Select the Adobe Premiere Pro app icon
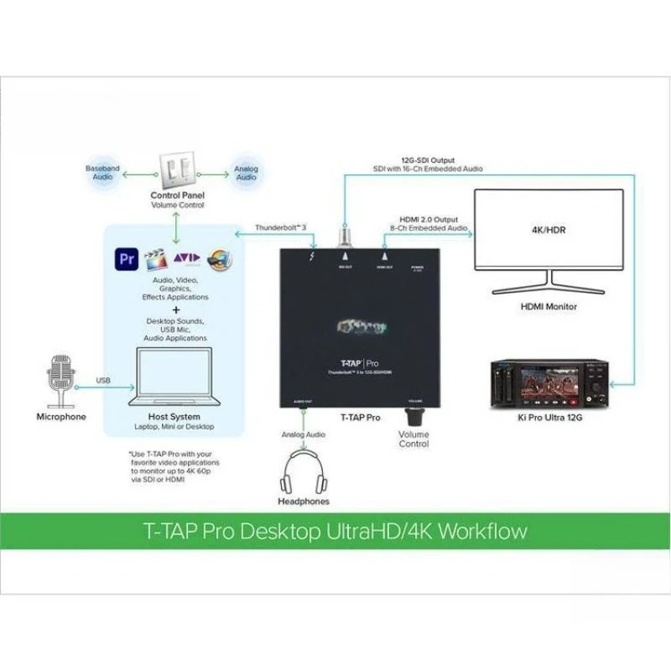coord(127,258)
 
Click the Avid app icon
coord(185,259)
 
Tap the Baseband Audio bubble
coord(102,173)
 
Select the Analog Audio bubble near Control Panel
coord(246,173)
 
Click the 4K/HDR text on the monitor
coord(549,229)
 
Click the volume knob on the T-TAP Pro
coord(414,417)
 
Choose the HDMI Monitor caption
coord(549,306)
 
